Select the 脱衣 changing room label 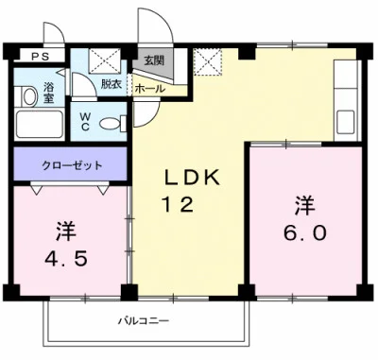(x=112, y=84)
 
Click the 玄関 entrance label (x=153, y=60)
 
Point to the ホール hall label (x=148, y=89)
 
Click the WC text (x=84, y=121)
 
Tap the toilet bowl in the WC (x=111, y=122)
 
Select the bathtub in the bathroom (x=41, y=126)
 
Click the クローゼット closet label (x=72, y=164)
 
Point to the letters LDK (x=193, y=177)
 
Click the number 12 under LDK (x=181, y=203)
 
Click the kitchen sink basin (x=345, y=121)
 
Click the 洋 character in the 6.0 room (x=303, y=202)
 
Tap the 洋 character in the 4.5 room (x=65, y=229)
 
